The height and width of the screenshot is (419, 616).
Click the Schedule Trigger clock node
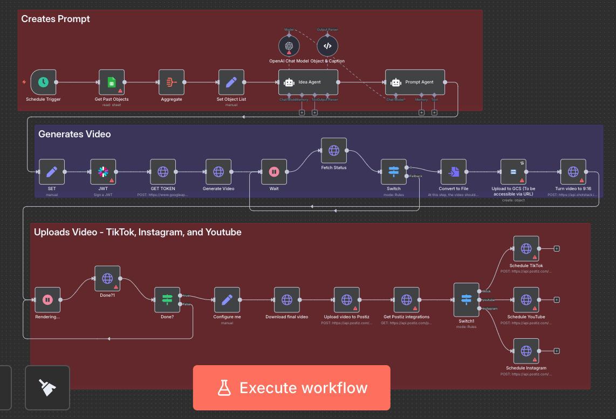click(x=44, y=82)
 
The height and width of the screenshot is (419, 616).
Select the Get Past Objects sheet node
click(x=112, y=82)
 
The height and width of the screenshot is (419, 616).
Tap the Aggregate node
click(x=172, y=82)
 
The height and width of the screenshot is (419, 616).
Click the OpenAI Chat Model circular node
click(x=289, y=46)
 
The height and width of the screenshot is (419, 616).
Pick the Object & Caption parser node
click(x=327, y=46)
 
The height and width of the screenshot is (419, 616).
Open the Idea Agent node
click(x=308, y=82)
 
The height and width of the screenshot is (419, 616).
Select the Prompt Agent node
click(x=415, y=82)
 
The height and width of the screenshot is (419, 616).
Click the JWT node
click(x=103, y=172)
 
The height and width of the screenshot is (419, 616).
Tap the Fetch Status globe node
click(x=334, y=151)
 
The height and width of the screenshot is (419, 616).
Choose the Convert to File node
click(x=454, y=172)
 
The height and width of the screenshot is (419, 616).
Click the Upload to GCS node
click(x=514, y=172)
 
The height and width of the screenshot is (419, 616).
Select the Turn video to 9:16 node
click(x=573, y=172)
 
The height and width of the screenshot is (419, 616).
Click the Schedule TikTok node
click(x=526, y=249)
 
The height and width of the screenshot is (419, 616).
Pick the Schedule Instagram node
click(x=526, y=351)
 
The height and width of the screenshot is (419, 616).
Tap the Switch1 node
click(x=466, y=300)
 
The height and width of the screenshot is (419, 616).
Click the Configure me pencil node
click(x=227, y=300)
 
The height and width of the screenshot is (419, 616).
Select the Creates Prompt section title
click(x=56, y=19)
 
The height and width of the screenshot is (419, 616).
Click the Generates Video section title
click(x=74, y=134)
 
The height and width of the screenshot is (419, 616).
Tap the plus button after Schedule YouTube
click(x=557, y=300)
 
